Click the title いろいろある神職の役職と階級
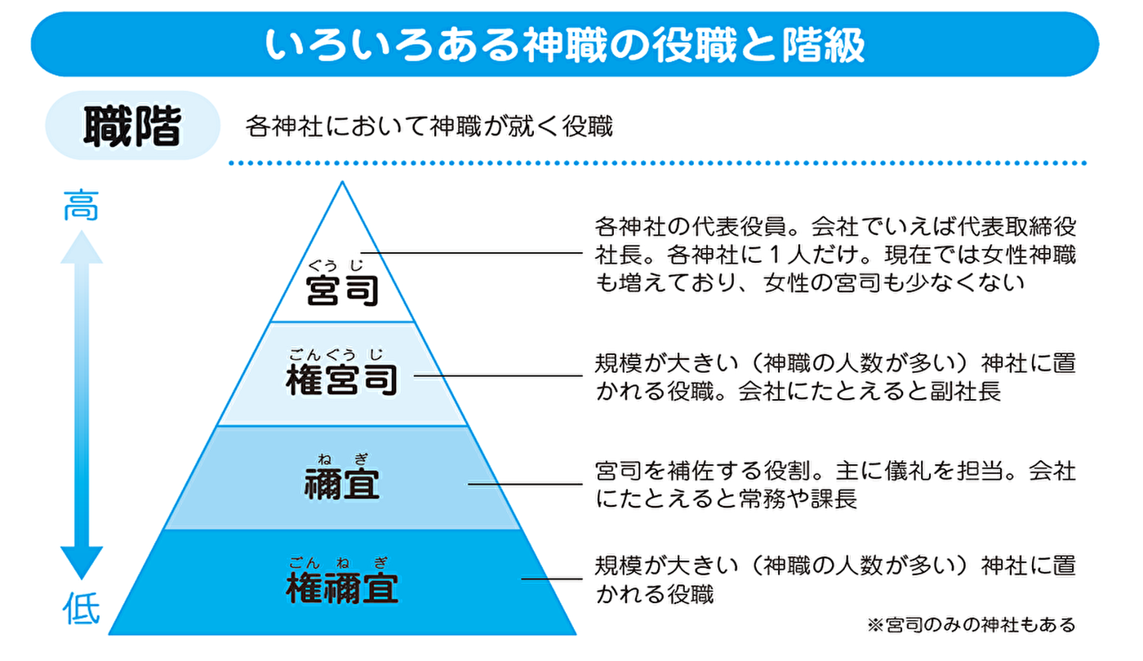coord(564,46)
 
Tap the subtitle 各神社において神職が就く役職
coord(429,127)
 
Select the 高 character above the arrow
coord(82,205)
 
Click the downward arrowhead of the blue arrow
coord(82,563)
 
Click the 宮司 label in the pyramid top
coord(342,290)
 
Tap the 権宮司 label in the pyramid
coord(342,380)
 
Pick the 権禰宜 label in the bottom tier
coord(342,588)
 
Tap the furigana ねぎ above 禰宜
coord(343,459)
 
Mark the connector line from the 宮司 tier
coord(474,253)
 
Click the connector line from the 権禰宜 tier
coord(550,579)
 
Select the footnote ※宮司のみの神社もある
coord(971,625)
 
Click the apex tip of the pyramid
coord(342,184)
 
